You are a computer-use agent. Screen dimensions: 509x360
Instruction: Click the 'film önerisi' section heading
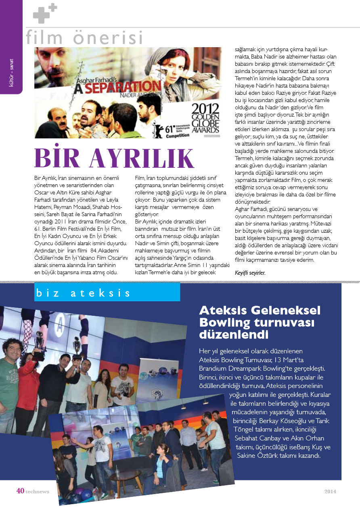click(84, 38)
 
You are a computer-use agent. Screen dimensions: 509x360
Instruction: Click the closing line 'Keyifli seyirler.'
click(250, 273)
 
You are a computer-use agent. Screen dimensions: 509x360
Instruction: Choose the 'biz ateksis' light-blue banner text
click(83, 293)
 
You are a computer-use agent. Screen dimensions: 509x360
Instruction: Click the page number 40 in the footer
click(20, 491)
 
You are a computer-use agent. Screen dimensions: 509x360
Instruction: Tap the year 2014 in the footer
click(330, 491)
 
